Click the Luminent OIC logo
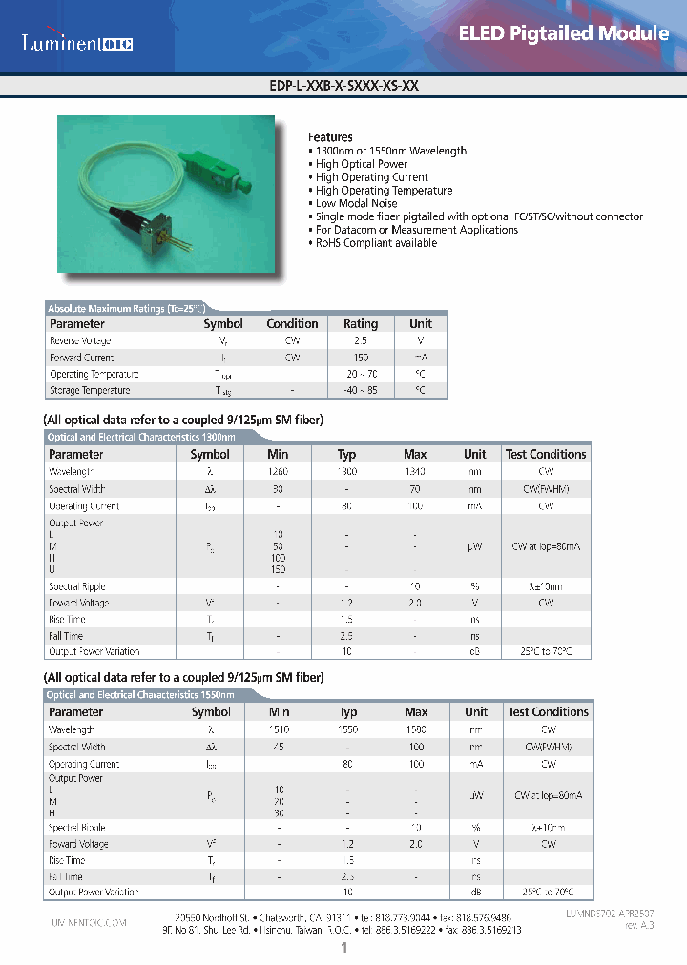pyautogui.click(x=77, y=43)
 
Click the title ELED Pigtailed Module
pyautogui.click(x=564, y=33)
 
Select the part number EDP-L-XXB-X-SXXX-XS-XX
pyautogui.click(x=344, y=85)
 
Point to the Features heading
pyautogui.click(x=330, y=137)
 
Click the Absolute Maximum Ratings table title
pyautogui.click(x=126, y=309)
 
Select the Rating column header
pyautogui.click(x=361, y=324)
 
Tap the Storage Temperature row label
pyautogui.click(x=90, y=390)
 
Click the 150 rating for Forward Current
pyautogui.click(x=361, y=358)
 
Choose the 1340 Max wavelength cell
pyautogui.click(x=415, y=471)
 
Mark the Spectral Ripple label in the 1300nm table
pyautogui.click(x=77, y=586)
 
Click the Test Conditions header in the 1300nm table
pyautogui.click(x=545, y=455)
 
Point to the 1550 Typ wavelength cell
pyautogui.click(x=347, y=729)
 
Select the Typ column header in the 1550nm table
pyautogui.click(x=347, y=712)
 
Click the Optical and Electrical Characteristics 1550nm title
pyautogui.click(x=140, y=695)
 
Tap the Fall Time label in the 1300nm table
pyautogui.click(x=66, y=636)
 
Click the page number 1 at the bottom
pyautogui.click(x=343, y=949)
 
